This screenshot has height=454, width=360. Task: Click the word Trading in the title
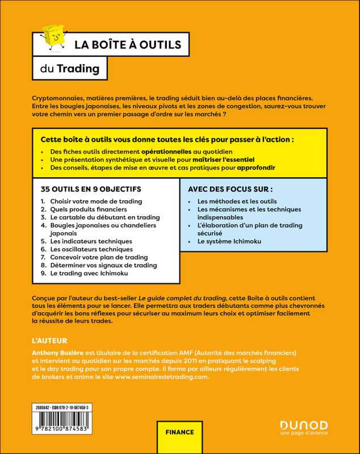click(x=81, y=69)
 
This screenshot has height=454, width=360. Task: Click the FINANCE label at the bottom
click(x=179, y=432)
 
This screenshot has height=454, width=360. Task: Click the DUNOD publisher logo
click(x=304, y=425)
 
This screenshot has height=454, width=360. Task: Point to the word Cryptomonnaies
click(x=64, y=98)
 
